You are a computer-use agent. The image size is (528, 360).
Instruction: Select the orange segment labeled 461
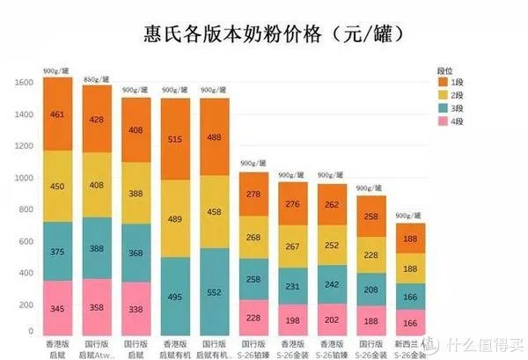pyautogui.click(x=57, y=114)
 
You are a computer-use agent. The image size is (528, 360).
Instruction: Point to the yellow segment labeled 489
pyautogui.click(x=175, y=218)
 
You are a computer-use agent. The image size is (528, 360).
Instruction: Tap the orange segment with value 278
pyautogui.click(x=253, y=194)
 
